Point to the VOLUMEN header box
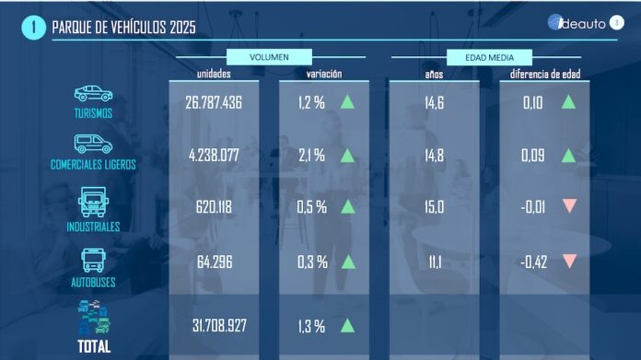click(x=269, y=56)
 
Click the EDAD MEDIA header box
click(x=488, y=56)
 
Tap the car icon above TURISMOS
click(x=93, y=93)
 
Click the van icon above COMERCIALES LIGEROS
click(x=93, y=145)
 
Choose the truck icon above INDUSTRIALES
click(x=93, y=201)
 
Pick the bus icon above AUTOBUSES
click(x=93, y=259)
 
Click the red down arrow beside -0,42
click(x=569, y=261)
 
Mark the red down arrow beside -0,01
click(x=569, y=207)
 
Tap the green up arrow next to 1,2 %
click(x=348, y=102)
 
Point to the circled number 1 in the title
click(x=33, y=27)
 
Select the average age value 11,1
click(x=434, y=261)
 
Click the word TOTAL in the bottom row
click(x=93, y=346)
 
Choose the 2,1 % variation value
click(x=311, y=156)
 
